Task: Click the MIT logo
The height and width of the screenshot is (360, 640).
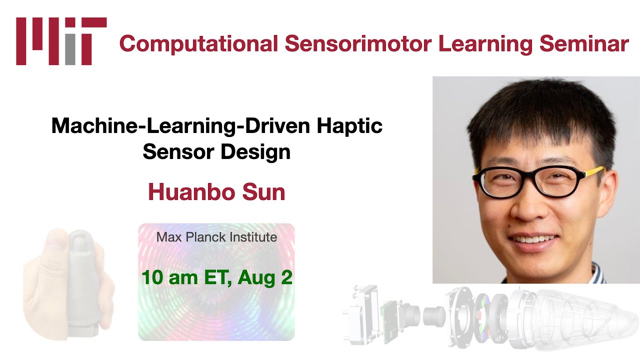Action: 61,41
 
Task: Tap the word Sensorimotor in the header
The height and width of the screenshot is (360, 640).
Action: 359,44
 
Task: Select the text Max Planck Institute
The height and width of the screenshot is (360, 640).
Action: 216,237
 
